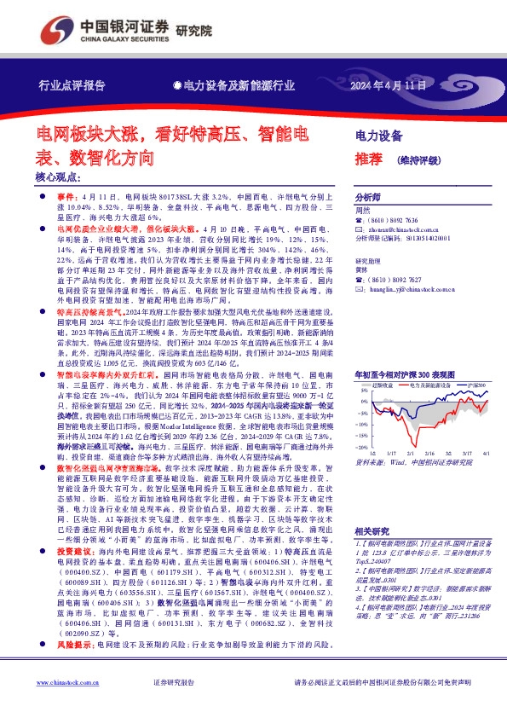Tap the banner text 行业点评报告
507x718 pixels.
72,86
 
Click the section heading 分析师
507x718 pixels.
368,195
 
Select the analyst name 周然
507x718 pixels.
362,209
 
